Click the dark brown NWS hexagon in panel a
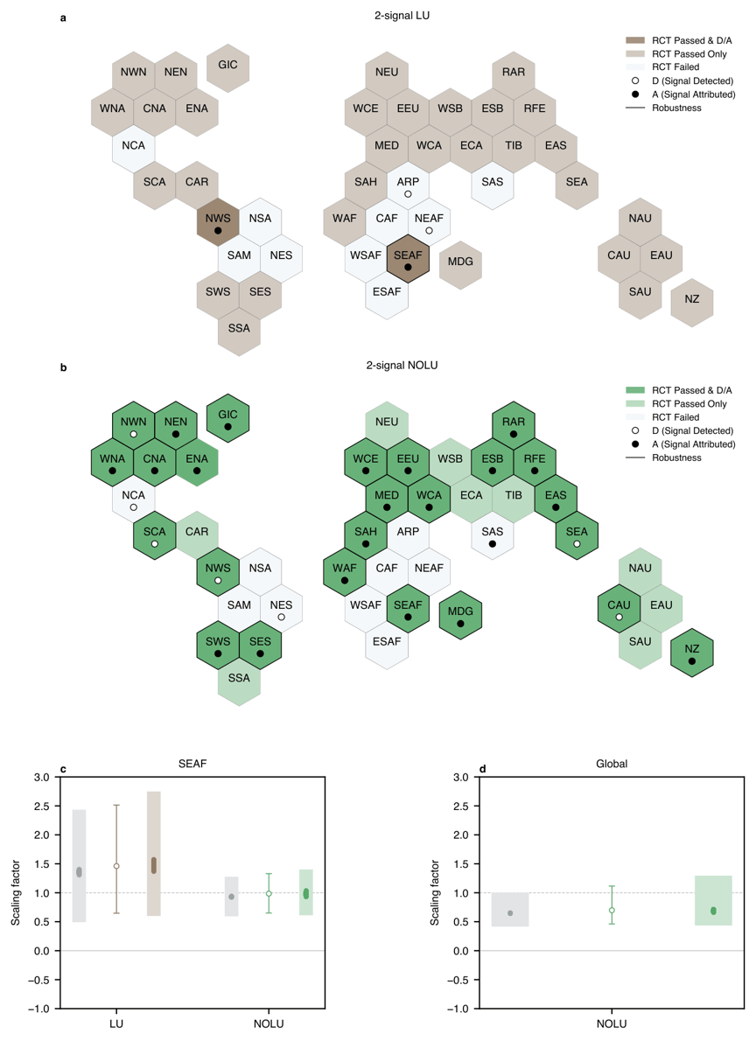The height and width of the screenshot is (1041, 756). point(218,221)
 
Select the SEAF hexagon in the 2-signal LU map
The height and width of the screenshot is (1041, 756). point(408,258)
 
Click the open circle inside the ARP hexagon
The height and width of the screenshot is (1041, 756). point(408,194)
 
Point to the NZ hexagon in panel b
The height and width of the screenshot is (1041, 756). point(691,653)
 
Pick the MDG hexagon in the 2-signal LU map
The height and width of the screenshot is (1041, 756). point(460,265)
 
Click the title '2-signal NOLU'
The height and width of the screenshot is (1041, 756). point(402,365)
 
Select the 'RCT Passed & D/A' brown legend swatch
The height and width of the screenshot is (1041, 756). point(635,40)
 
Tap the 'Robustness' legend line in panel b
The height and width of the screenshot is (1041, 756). point(635,458)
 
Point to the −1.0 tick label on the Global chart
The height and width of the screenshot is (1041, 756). point(458,1009)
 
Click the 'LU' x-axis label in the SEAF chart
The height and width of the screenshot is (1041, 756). point(116,1024)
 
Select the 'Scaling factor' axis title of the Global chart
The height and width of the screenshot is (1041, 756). point(435,892)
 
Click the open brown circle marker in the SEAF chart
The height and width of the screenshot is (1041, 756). point(116,866)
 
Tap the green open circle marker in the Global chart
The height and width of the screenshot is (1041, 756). point(612,910)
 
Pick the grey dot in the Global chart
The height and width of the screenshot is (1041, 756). point(510,913)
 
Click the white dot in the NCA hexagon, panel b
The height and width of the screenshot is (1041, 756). point(134,507)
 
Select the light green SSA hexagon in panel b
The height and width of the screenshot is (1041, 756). point(239,681)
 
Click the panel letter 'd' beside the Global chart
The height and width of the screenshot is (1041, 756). point(483,770)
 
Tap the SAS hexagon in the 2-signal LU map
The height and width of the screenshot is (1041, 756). point(493,185)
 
